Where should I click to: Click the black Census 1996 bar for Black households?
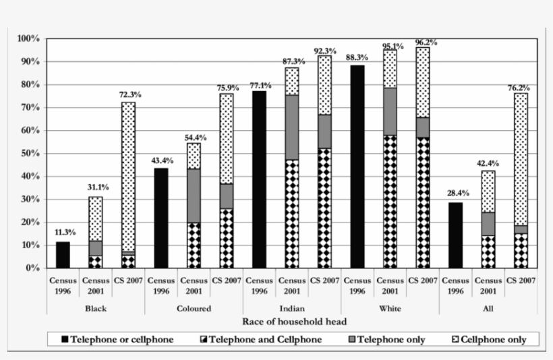click(63, 255)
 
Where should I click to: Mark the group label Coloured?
click(194, 308)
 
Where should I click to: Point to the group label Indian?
click(292, 308)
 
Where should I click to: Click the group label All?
click(488, 308)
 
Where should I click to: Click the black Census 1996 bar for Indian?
click(259, 179)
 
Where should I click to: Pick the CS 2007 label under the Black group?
click(128, 280)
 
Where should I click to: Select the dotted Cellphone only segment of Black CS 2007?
click(128, 175)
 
